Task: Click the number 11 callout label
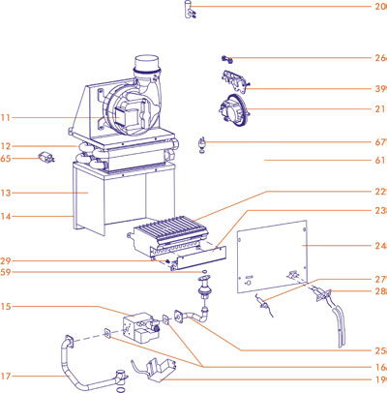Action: tap(7, 117)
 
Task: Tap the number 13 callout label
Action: tap(7, 193)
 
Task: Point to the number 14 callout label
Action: tap(7, 216)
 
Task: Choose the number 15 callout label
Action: tap(7, 308)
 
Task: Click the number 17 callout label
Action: tap(7, 376)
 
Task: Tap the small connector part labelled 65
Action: tap(44, 156)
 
